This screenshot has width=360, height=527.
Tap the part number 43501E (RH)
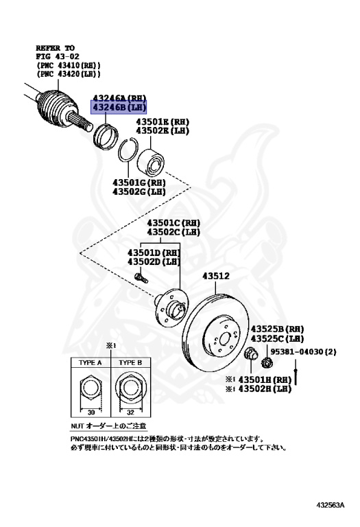[162, 122]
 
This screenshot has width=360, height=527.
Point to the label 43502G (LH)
[139, 191]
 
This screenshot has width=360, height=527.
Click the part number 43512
[215, 277]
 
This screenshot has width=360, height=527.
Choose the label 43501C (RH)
[172, 224]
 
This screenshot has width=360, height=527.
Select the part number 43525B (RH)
[276, 329]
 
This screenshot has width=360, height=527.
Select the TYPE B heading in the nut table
[130, 362]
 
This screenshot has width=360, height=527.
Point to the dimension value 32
[130, 414]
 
